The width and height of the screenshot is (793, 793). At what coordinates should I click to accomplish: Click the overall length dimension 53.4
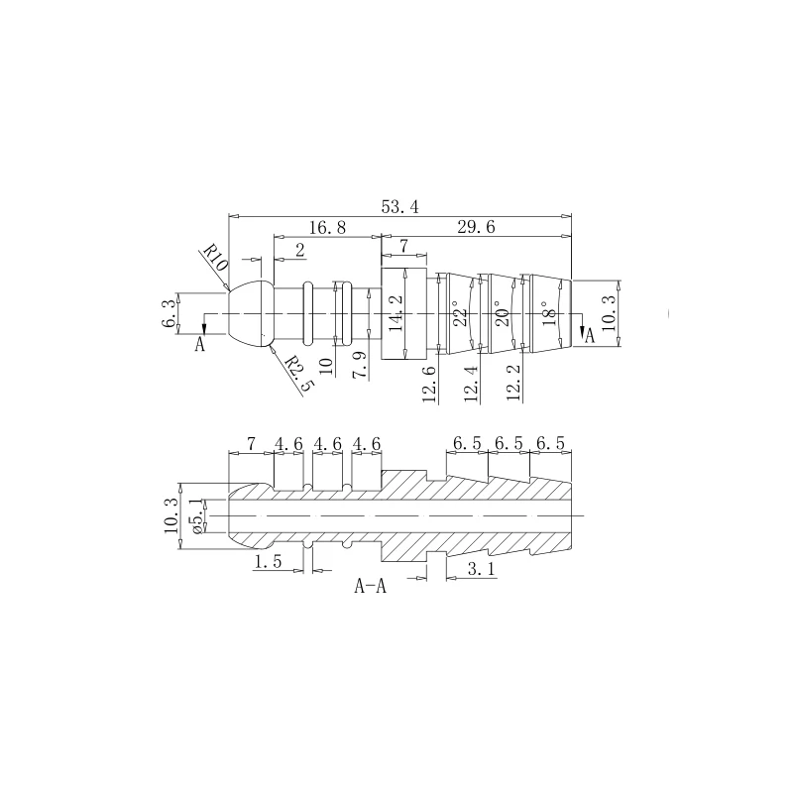click(399, 207)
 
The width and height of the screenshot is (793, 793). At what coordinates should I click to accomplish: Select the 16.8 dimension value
click(327, 228)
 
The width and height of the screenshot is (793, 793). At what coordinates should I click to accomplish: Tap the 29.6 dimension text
click(476, 228)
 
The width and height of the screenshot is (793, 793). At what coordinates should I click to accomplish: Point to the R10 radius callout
click(216, 258)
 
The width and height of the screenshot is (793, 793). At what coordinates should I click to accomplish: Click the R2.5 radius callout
click(299, 375)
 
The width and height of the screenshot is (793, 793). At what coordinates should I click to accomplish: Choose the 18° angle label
click(547, 313)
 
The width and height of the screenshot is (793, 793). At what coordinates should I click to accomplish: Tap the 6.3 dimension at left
click(169, 313)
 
